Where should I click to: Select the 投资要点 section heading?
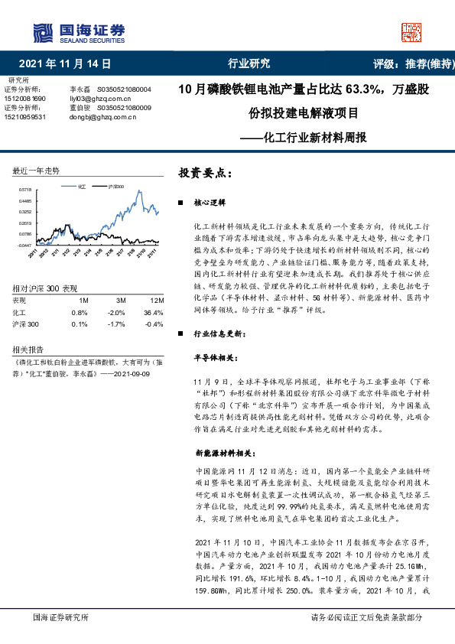pos(205,174)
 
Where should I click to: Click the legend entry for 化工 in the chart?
pos(79,186)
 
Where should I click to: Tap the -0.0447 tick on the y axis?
pos(25,245)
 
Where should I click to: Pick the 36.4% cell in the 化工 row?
pos(153,313)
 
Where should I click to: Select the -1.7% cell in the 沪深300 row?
pos(116,324)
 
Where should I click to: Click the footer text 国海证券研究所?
pos(58,616)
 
